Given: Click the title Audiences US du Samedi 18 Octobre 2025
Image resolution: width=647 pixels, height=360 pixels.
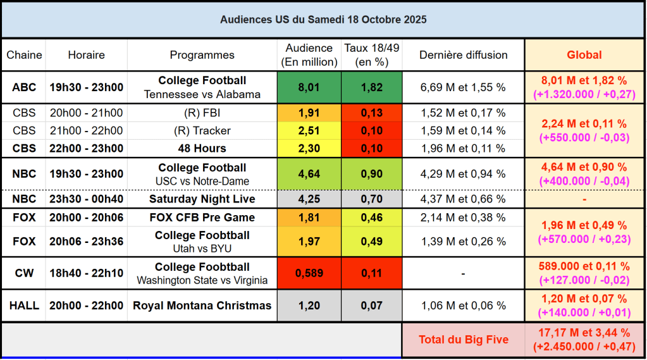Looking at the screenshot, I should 323,20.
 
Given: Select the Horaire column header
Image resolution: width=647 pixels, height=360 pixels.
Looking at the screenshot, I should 86,55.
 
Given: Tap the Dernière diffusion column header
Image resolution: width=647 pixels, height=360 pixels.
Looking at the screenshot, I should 463,55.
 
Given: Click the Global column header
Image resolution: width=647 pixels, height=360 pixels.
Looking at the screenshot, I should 584,55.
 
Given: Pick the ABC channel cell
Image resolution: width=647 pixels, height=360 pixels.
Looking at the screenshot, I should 24,87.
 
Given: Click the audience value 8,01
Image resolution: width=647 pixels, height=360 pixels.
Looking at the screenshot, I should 309,87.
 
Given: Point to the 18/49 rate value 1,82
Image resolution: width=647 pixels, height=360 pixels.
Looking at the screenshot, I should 371,87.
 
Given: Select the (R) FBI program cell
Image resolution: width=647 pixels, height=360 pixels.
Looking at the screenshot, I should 202,113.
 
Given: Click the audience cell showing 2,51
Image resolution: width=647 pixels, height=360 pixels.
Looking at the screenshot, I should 309,131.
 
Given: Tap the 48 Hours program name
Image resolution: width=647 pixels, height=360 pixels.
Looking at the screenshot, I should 202,149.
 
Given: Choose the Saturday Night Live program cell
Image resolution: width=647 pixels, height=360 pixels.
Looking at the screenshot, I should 202,199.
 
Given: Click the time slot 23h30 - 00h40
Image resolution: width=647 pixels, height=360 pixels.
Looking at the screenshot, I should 86,199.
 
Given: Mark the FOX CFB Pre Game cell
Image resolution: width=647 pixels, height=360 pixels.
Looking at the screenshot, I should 202,218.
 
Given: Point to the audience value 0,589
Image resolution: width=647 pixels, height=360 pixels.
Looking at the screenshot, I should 309,273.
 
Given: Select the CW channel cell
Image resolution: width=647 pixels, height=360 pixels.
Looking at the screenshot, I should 24,273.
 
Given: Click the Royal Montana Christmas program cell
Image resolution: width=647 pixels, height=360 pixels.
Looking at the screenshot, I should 202,306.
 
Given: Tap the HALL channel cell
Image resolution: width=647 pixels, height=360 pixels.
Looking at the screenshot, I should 24,306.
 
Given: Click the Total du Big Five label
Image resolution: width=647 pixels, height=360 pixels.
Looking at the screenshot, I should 463,340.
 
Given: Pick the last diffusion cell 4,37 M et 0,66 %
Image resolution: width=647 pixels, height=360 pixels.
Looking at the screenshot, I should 463,199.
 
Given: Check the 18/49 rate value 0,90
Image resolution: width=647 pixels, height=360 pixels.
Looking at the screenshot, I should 371,174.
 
